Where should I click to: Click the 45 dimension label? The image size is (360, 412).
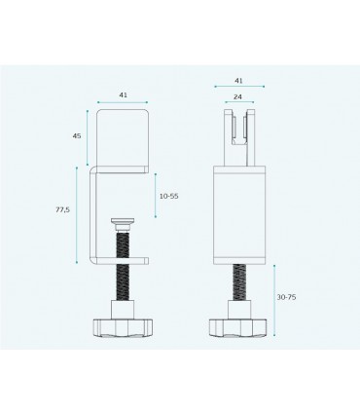[x=78, y=135]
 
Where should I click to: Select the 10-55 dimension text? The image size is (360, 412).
[x=169, y=197]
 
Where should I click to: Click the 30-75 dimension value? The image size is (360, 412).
[x=288, y=295]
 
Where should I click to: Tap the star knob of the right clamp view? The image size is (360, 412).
[x=239, y=325]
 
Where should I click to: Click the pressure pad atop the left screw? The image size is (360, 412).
[x=123, y=223]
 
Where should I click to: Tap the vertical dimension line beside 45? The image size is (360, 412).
[x=88, y=136]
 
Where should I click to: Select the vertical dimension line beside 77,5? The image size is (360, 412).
[x=77, y=214]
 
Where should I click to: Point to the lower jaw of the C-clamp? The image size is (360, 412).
[x=125, y=258]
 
